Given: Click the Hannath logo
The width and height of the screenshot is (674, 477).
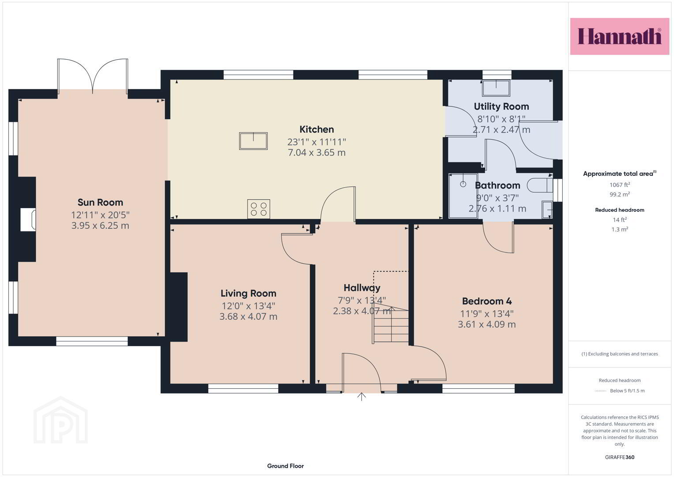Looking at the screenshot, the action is (x=620, y=36).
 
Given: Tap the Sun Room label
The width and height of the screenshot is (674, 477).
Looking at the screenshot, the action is (x=100, y=202).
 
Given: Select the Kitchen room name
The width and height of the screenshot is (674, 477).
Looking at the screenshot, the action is (x=316, y=129).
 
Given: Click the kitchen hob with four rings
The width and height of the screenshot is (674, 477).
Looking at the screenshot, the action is (x=259, y=208).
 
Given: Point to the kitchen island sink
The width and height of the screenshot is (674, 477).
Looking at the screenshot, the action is (x=253, y=140).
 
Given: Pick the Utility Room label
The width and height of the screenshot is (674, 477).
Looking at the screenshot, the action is (x=501, y=106).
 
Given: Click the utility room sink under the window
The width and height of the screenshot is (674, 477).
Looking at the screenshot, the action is (x=496, y=88).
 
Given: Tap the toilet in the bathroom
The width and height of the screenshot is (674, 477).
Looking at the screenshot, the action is (x=540, y=185).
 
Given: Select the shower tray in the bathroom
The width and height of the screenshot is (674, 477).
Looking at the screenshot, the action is (x=463, y=196).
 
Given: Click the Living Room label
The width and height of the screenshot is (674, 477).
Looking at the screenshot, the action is (x=248, y=293).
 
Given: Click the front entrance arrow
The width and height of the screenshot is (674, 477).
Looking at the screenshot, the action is (x=361, y=397).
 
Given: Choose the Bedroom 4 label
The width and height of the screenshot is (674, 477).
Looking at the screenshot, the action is (x=487, y=301).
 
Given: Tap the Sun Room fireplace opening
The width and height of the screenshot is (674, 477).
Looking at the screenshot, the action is (x=28, y=220).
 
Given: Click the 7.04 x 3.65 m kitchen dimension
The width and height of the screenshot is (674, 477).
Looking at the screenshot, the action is (x=316, y=153).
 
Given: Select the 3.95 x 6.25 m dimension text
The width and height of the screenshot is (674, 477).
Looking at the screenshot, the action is (x=100, y=226).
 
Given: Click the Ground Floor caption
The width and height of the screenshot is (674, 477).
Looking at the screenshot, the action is (x=286, y=466).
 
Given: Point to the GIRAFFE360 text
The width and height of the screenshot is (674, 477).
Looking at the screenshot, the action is (x=620, y=457).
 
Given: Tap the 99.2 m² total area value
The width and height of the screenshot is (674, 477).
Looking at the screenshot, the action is (x=620, y=194).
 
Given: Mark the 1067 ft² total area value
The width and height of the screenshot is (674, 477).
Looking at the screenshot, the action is (x=620, y=185).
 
